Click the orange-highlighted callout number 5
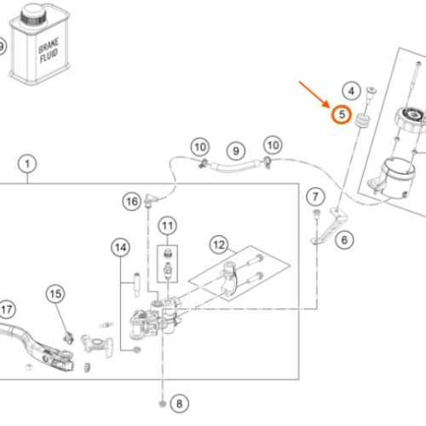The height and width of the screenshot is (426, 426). [x=342, y=114]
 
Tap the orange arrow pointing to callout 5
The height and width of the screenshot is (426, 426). [x=314, y=95]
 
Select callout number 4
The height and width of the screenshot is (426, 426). [x=351, y=91]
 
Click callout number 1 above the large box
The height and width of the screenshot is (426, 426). [x=27, y=164]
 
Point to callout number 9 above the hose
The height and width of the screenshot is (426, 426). [x=236, y=151]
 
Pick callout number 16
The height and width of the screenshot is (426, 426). [x=132, y=201]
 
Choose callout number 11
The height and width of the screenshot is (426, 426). [x=167, y=226]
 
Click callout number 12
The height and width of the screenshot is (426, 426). [x=219, y=245]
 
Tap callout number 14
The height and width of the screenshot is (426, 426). [x=120, y=247]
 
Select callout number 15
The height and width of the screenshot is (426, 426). [x=55, y=294]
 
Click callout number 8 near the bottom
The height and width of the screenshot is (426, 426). [x=179, y=403]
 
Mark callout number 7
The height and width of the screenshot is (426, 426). [x=315, y=197]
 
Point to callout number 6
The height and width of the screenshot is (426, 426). [x=344, y=240]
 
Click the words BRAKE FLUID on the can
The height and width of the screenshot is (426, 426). [x=49, y=50]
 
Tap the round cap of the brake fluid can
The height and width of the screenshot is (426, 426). [x=33, y=14]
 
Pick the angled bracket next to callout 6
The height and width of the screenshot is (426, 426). [x=330, y=225]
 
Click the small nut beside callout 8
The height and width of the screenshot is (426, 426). [x=162, y=404]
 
